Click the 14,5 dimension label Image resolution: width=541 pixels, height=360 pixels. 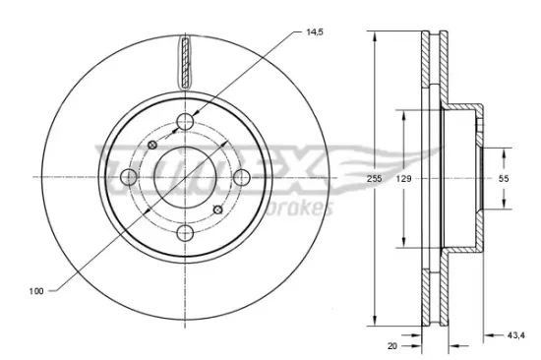(x=315, y=32)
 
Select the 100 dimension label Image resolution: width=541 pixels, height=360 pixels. (x=36, y=291)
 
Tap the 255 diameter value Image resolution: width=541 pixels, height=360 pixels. (x=375, y=178)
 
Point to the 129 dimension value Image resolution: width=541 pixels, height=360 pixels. (x=403, y=178)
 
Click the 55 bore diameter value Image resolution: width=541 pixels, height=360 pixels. (x=504, y=178)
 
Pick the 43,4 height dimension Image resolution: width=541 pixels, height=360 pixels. (x=516, y=334)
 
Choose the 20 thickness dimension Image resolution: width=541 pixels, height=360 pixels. (x=392, y=346)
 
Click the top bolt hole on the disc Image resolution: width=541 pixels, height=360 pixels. (x=185, y=122)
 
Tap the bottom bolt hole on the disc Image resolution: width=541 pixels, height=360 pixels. (x=185, y=233)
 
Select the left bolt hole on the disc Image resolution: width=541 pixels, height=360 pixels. (x=129, y=177)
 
